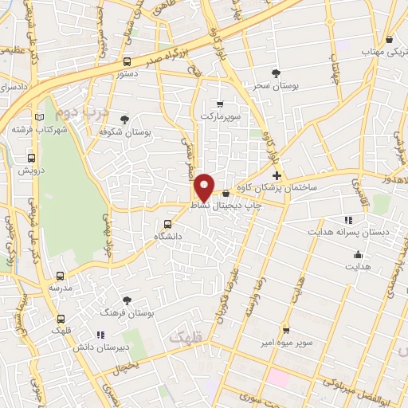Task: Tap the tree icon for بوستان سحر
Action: (276, 73)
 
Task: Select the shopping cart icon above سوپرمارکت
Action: (220, 104)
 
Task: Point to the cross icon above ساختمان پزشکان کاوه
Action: (277, 175)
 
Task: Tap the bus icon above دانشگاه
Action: (167, 224)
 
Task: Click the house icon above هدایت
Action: (358, 257)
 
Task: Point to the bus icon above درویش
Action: (32, 158)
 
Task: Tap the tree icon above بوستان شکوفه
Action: (125, 120)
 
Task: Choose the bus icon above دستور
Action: (127, 61)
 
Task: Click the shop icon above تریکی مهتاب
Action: (389, 39)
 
